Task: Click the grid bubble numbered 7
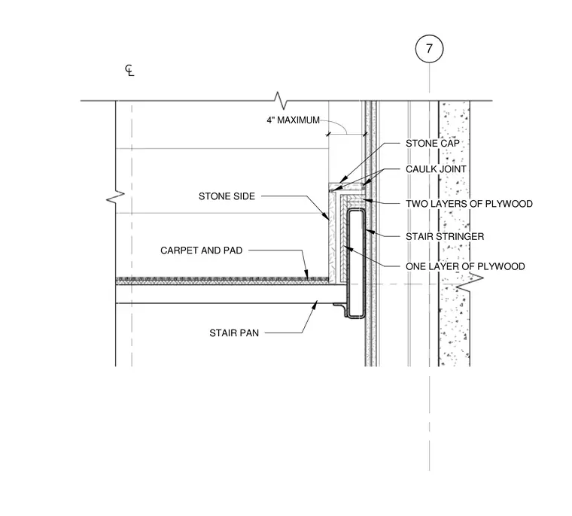tap(429, 48)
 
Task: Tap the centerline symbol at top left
tap(129, 71)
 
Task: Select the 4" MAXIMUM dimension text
tap(294, 120)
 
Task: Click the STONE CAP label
tap(433, 144)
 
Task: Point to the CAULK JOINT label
tap(436, 169)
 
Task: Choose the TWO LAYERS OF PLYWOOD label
tap(469, 204)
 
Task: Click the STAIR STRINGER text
tap(445, 236)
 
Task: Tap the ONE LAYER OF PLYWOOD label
tap(465, 266)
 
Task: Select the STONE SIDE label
tap(227, 196)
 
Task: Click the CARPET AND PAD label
tap(202, 250)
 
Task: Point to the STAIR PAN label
tap(234, 333)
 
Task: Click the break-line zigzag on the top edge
tap(281, 100)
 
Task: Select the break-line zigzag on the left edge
tap(115, 196)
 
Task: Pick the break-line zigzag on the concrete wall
tap(470, 282)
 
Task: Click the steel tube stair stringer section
tap(356, 263)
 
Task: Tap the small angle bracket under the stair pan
tap(341, 308)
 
